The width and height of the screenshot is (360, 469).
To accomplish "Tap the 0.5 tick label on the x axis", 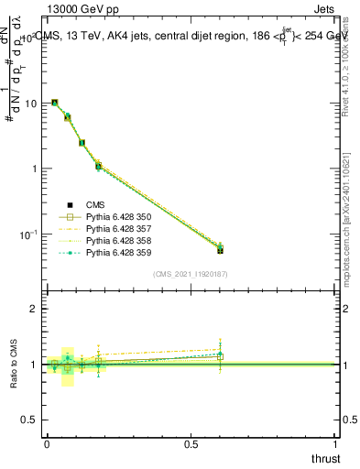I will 191,443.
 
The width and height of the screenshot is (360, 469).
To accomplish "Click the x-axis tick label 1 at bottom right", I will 335,443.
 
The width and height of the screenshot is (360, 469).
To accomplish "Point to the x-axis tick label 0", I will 47,443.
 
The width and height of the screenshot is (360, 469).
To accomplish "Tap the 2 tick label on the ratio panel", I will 36,309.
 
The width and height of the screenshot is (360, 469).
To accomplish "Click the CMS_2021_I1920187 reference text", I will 190,275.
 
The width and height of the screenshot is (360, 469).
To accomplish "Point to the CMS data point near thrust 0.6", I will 220,249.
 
